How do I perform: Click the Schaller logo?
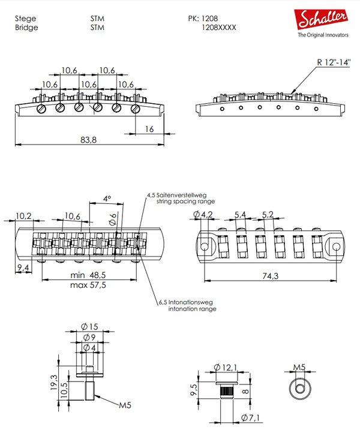point(324,19)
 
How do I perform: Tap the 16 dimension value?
point(149,128)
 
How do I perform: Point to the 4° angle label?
point(107,199)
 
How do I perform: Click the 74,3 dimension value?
point(271,275)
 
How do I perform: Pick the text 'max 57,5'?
point(88,285)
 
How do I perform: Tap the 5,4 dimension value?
point(241,214)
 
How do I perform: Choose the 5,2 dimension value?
point(268,214)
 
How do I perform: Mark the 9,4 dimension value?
point(24,267)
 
